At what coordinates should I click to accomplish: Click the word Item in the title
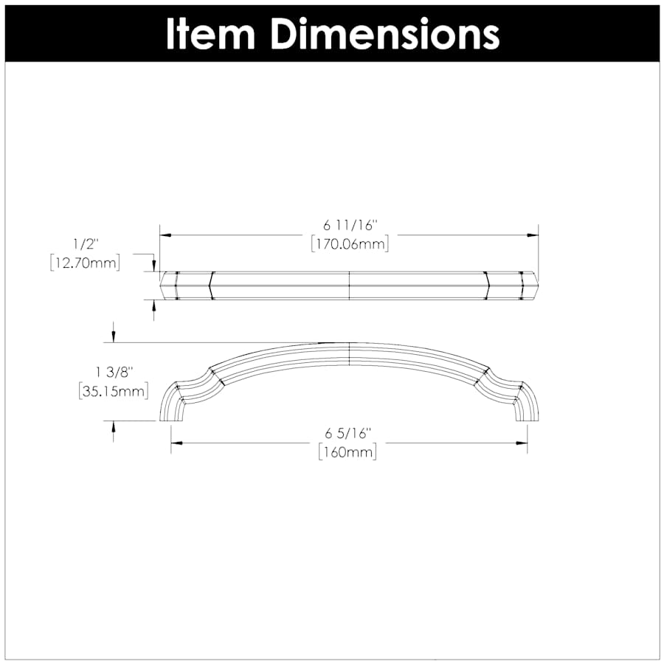pyautogui.click(x=209, y=32)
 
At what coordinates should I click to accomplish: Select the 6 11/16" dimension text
pyautogui.click(x=349, y=225)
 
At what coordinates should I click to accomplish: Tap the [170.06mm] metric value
pyautogui.click(x=349, y=244)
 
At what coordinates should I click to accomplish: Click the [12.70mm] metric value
pyautogui.click(x=85, y=263)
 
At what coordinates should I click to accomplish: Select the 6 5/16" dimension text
pyautogui.click(x=347, y=433)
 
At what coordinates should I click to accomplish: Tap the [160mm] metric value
pyautogui.click(x=347, y=452)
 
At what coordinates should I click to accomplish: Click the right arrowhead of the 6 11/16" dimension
pyautogui.click(x=533, y=235)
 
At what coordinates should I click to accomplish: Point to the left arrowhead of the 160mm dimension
pyautogui.click(x=176, y=443)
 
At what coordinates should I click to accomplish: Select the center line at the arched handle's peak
pyautogui.click(x=348, y=353)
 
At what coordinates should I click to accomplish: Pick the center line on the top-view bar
pyautogui.click(x=348, y=286)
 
